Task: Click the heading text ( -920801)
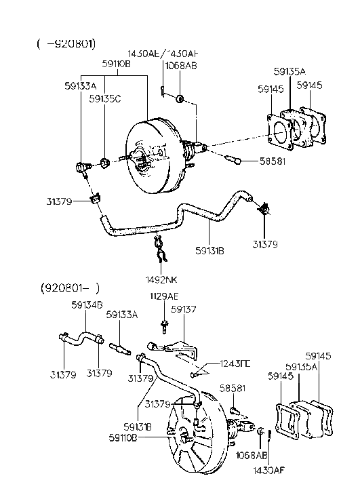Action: coord(66,43)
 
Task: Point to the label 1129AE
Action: coord(163,296)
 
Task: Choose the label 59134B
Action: coord(87,304)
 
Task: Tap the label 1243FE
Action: coord(235,365)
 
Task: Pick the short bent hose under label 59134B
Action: coord(81,336)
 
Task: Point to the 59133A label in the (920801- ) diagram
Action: coord(121,315)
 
